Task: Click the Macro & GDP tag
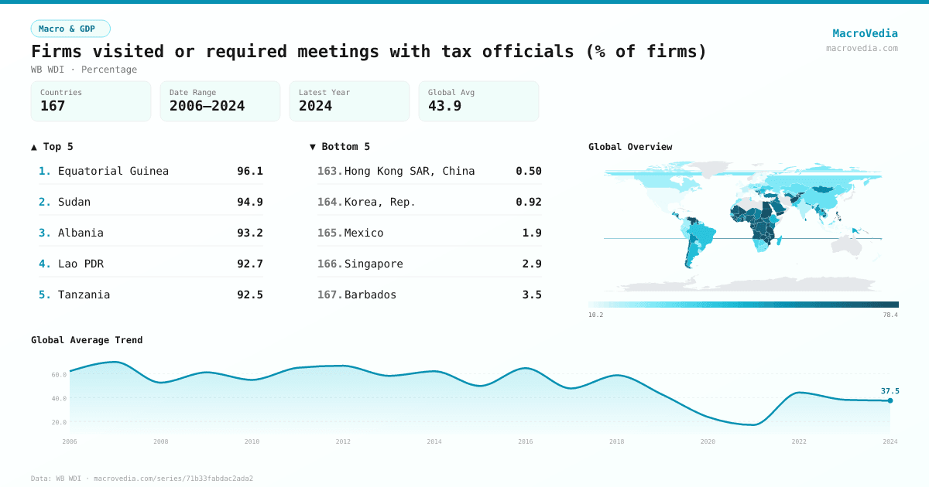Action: point(70,29)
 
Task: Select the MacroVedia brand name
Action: point(865,33)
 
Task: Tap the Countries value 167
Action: point(53,106)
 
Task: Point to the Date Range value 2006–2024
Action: point(207,106)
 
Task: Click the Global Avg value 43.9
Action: point(444,106)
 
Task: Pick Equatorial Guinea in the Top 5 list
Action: point(113,171)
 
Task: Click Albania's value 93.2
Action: point(249,233)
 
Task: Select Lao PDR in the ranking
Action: point(81,264)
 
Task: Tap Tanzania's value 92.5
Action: point(249,295)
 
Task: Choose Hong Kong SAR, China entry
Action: point(409,171)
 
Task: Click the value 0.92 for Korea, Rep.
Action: point(528,202)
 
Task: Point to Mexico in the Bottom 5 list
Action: point(364,233)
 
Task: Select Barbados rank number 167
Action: point(329,295)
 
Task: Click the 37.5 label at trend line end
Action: point(890,391)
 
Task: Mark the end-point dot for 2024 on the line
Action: point(890,400)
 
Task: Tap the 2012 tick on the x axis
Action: point(343,441)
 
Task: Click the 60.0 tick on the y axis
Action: point(59,374)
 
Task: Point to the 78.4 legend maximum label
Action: point(890,315)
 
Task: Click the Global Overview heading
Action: point(629,147)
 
